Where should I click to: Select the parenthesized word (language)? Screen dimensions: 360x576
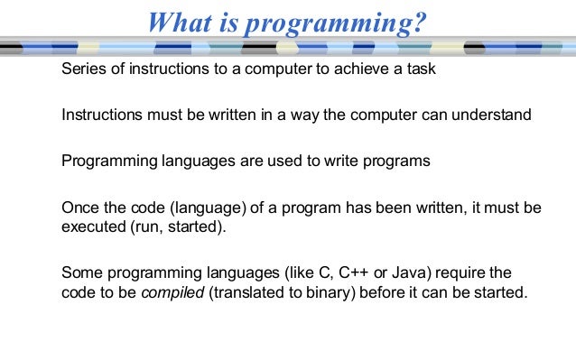point(205,208)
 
